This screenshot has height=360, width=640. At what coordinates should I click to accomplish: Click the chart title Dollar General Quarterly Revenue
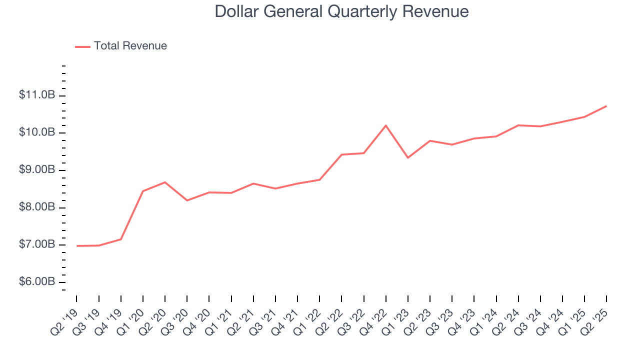tap(341, 11)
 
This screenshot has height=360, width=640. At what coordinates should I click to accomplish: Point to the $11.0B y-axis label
tap(37, 95)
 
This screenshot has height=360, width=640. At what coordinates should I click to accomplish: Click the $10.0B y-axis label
tap(37, 132)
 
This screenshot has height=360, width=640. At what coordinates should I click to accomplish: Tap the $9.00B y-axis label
tap(37, 170)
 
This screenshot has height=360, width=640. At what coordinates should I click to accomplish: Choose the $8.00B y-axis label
tap(37, 207)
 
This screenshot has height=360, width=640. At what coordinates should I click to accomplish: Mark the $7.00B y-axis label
tap(37, 245)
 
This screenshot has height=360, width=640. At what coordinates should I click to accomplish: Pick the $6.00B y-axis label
tap(37, 282)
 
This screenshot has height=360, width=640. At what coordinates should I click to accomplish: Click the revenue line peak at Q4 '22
tap(385, 125)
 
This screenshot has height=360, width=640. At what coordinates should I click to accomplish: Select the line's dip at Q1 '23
tap(408, 157)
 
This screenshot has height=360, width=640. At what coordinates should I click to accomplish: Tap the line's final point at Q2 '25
tap(606, 106)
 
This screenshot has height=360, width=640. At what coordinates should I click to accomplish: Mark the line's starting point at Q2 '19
tap(77, 245)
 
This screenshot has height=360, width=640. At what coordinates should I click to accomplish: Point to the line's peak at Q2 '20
tap(165, 182)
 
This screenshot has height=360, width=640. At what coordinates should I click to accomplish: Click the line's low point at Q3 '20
tap(187, 200)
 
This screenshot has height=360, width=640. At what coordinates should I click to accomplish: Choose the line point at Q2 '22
tap(341, 154)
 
